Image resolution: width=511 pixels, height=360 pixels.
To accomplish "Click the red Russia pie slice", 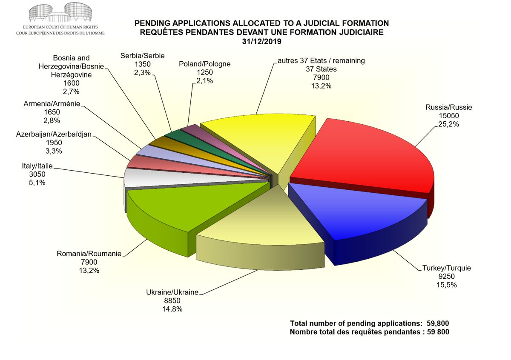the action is point(366,157).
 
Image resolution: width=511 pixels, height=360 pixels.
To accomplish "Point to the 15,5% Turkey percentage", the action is point(446,285).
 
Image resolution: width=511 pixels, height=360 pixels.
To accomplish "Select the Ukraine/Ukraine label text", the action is point(172,293).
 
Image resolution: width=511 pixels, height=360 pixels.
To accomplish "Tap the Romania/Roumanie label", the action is point(89,254).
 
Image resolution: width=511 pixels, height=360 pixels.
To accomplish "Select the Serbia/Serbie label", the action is point(142,56).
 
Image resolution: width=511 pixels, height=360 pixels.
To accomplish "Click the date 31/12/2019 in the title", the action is point(262,42).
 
